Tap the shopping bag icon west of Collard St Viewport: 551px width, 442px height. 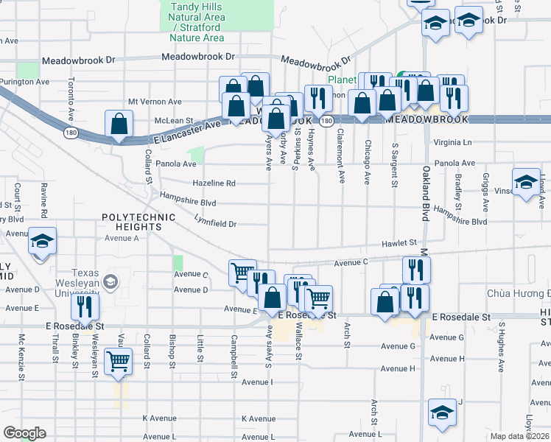pyautogui.click(x=119, y=126)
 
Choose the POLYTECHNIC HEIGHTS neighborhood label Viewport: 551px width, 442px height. pyautogui.click(x=138, y=217)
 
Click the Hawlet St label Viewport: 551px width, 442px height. pyautogui.click(x=399, y=242)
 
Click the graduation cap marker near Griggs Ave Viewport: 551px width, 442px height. pyautogui.click(x=526, y=183)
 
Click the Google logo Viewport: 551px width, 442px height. pyautogui.click(x=24, y=433)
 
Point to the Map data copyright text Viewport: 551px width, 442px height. pyautogui.click(x=519, y=436)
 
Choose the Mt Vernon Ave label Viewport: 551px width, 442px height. pyautogui.click(x=155, y=102)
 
